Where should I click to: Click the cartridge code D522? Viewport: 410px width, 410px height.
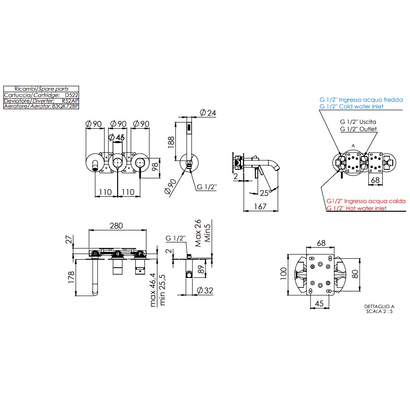72,95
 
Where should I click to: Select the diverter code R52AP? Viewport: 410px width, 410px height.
70,101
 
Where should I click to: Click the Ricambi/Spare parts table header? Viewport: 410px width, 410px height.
41,89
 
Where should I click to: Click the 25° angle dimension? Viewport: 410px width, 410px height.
264,193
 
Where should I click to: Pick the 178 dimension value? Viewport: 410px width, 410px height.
71,276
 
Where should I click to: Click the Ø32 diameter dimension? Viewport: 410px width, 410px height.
205,290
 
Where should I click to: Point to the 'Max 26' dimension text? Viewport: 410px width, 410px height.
198,233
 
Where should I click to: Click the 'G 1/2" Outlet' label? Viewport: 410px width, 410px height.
358,129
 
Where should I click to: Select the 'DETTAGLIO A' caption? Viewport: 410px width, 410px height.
379,306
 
